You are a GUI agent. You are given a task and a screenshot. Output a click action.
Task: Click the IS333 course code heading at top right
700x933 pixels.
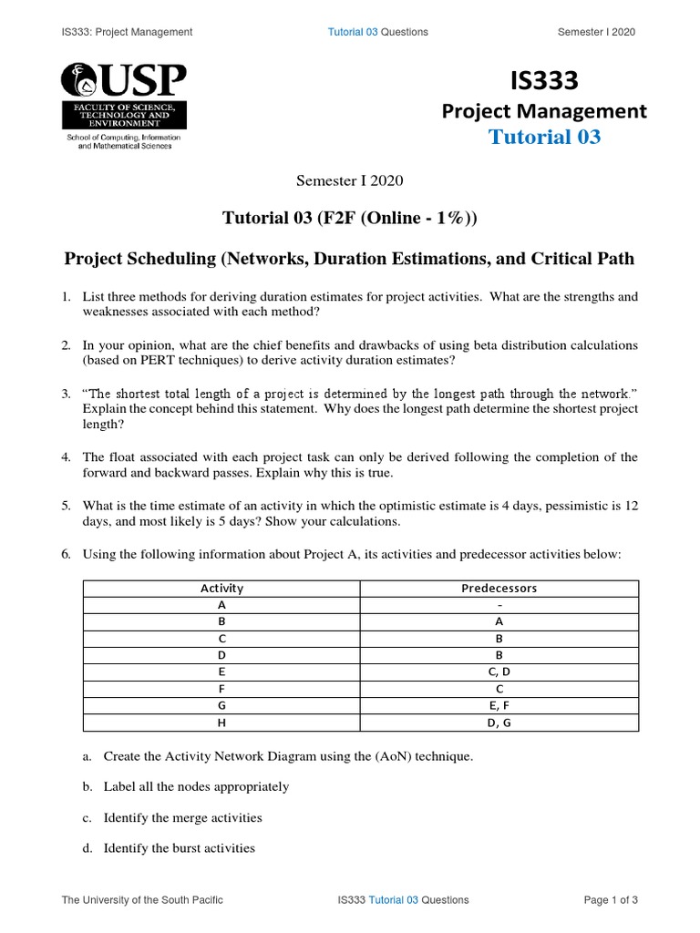pos(544,81)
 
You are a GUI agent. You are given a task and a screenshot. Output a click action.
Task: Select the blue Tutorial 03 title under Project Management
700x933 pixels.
pos(544,138)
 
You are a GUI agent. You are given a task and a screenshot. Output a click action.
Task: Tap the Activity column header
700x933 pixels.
pos(221,588)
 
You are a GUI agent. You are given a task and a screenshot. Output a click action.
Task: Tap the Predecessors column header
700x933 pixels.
pos(499,588)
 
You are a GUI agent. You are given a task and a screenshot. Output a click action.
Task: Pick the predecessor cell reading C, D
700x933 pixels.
pos(499,672)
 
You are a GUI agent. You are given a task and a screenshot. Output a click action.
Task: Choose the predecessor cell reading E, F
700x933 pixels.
pos(499,705)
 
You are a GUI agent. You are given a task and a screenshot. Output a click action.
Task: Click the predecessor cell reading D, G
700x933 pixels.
pos(499,723)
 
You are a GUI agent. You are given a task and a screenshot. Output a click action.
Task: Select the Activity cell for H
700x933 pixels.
pos(221,723)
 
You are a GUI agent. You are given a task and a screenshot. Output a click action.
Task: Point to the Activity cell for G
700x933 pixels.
pos(221,705)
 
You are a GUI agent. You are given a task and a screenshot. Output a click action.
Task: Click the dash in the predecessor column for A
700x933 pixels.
pos(499,605)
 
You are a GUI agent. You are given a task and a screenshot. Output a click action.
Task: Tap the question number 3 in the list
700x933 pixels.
pos(66,394)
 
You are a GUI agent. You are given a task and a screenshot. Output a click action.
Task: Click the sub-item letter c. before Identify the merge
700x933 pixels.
pos(87,817)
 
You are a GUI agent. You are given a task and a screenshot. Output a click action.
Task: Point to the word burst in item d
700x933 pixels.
pos(176,848)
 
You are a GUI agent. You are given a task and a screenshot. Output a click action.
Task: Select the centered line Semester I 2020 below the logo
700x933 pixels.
pos(349,180)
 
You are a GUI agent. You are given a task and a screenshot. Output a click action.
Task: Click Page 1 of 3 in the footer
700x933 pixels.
pos(611,900)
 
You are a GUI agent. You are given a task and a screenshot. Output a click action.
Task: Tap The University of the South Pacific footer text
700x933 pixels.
pos(142,900)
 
